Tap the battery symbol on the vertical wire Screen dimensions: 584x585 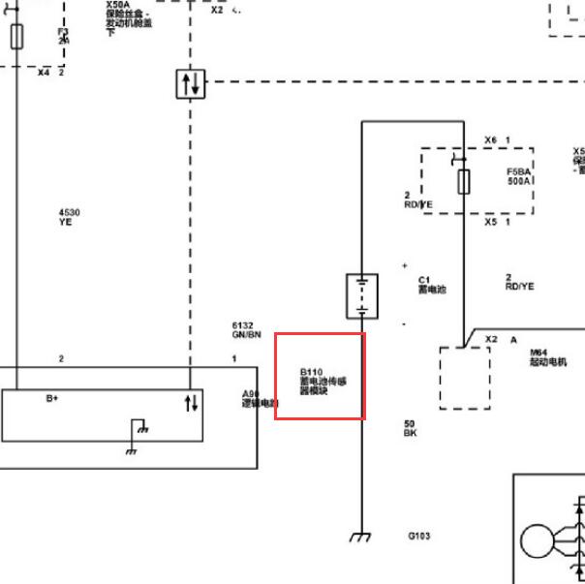click(361, 295)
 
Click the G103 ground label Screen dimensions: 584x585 click(419, 536)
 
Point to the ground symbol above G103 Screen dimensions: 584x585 click(360, 537)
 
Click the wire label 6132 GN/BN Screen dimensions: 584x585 click(246, 330)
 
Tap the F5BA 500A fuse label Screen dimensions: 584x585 click(519, 176)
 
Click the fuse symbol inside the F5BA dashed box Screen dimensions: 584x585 click(464, 178)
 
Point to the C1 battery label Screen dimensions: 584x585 click(432, 284)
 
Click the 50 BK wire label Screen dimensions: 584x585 click(410, 427)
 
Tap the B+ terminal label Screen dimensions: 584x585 click(53, 398)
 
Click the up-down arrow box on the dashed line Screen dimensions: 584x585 click(191, 83)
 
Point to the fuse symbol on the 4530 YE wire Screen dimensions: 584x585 click(16, 38)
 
